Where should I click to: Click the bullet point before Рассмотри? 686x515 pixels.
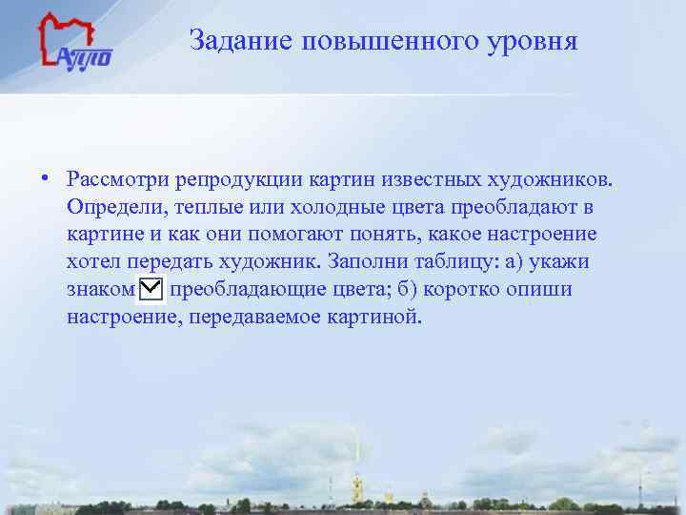pos(46,178)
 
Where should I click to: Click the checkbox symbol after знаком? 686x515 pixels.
pos(151,289)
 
